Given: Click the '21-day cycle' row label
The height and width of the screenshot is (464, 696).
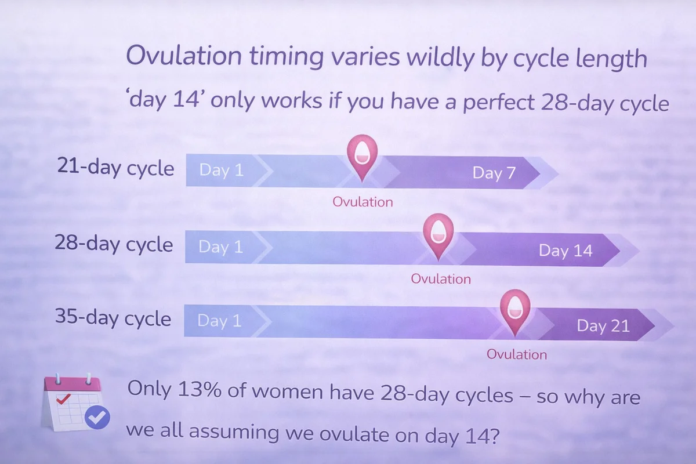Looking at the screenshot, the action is click(115, 167).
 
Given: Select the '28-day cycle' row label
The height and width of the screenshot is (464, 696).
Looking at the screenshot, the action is click(114, 244).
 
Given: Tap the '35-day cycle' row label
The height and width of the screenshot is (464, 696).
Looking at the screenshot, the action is click(113, 317).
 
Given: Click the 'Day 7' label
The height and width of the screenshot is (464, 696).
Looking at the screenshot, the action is click(494, 173).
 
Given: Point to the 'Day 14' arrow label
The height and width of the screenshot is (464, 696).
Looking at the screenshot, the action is click(565, 250).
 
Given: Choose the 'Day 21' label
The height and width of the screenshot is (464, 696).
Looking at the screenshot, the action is click(603, 326).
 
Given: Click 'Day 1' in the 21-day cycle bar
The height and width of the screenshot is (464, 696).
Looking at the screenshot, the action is click(221, 171).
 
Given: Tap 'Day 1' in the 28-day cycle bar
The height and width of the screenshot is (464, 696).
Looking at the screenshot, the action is click(220, 247).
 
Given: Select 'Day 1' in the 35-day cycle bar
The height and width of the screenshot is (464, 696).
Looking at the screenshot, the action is click(219, 320).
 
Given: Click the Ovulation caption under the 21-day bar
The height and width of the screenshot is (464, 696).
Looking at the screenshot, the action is click(362, 202).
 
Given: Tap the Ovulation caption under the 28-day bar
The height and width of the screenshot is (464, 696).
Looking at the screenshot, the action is click(441, 279).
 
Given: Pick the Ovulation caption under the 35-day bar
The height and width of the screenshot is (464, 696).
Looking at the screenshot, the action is click(517, 354).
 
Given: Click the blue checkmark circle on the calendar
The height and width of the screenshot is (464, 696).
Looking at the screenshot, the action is click(97, 417).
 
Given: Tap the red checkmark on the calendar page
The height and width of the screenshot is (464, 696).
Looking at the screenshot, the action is click(63, 398).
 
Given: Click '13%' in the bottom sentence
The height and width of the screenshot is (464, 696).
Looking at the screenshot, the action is click(200, 389).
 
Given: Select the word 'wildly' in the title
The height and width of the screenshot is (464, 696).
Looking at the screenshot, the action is click(441, 59).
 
